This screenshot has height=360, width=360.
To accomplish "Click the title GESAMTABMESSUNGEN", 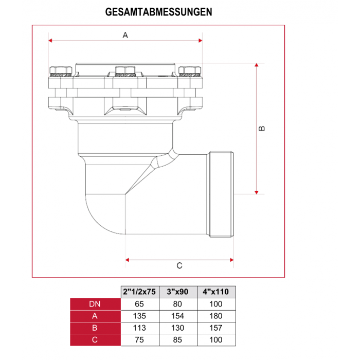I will [158, 11].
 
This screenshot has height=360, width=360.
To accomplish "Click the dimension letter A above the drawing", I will [125, 35].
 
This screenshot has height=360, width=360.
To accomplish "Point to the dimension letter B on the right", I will [261, 129].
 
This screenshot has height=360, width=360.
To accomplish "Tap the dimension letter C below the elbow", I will [179, 266].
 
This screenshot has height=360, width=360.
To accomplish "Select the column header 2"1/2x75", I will [139, 292].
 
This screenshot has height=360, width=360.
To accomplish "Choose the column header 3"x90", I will [178, 292].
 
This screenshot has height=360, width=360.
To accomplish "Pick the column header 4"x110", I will [216, 292].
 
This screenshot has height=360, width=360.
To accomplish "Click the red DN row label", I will [95, 304].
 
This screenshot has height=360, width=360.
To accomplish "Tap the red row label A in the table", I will [95, 316].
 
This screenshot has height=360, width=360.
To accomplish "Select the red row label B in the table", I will [95, 328].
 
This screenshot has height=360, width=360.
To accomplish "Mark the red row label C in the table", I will [95, 339].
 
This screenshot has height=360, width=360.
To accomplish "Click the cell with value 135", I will [139, 316].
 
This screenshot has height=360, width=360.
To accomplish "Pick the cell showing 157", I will [216, 328].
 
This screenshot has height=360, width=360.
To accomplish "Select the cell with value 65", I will [139, 304].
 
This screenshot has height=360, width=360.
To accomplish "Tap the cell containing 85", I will [178, 339].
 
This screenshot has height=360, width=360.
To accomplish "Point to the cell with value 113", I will [139, 328].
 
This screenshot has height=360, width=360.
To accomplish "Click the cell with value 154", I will [178, 316].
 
